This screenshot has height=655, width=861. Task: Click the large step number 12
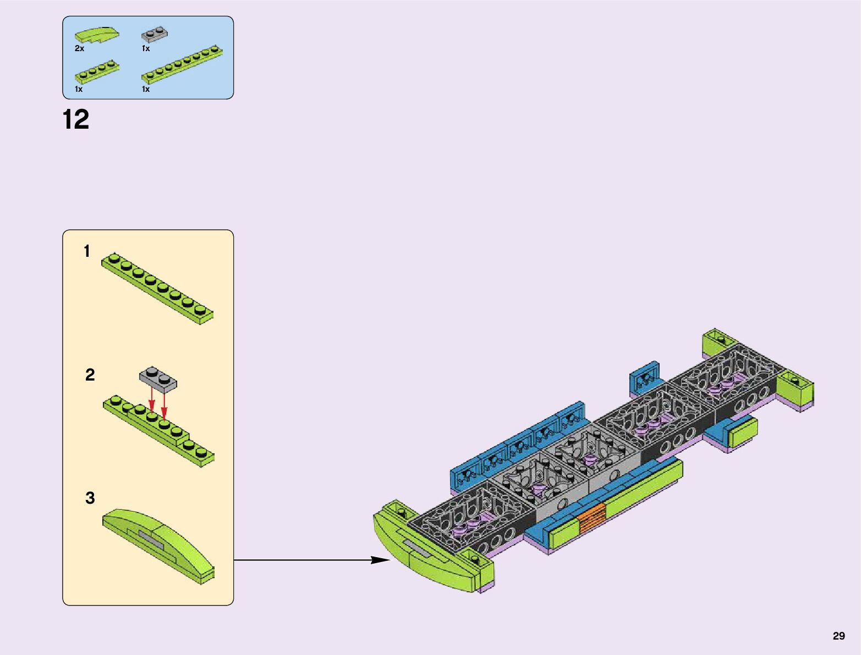click(x=76, y=119)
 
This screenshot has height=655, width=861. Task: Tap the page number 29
click(x=838, y=636)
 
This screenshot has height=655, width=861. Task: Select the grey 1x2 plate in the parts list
click(x=155, y=35)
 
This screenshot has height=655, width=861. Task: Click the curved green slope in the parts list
click(x=97, y=35)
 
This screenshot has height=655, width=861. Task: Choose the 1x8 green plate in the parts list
click(x=182, y=65)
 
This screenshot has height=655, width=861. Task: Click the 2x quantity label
click(x=79, y=48)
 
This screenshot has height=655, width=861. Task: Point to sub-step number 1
click(x=86, y=251)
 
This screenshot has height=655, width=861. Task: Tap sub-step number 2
click(x=90, y=375)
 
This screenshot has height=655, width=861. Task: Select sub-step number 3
click(x=90, y=498)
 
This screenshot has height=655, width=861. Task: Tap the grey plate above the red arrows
click(x=158, y=378)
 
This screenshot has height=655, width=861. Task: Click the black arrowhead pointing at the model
click(x=380, y=560)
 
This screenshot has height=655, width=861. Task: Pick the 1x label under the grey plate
click(x=146, y=48)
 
